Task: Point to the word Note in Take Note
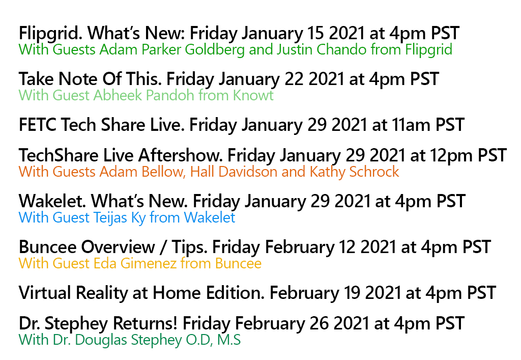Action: pos(79,79)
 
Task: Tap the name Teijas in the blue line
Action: pos(107,218)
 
